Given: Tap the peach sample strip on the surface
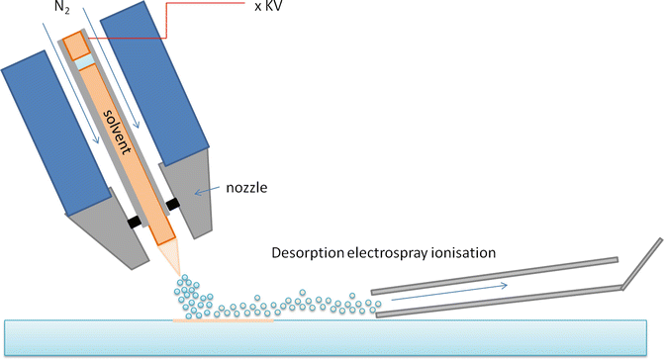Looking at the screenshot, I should [x=224, y=319].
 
